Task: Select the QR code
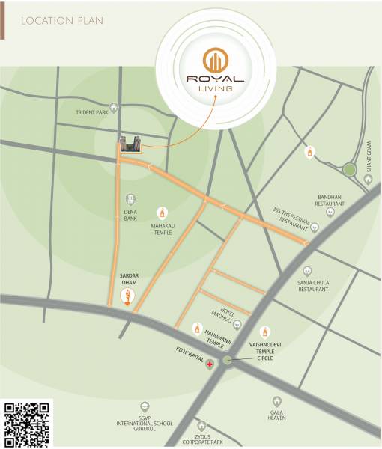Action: pos(28,424)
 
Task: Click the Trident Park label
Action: pos(92,113)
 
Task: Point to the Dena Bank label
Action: pos(131,216)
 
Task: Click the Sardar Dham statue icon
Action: pos(129,298)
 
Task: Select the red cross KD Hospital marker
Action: pos(210,363)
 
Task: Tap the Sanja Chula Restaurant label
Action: pos(308,285)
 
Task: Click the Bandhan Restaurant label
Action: pos(330,200)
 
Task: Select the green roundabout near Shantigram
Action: pos(349,170)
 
